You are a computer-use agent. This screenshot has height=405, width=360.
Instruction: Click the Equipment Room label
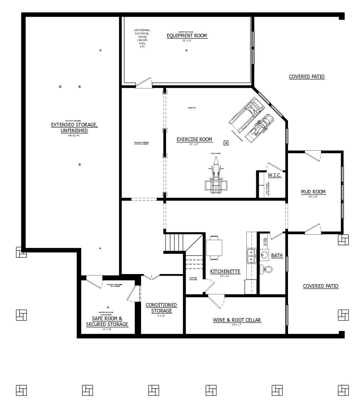point(187,36)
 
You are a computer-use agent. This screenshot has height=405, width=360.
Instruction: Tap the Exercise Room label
point(194,139)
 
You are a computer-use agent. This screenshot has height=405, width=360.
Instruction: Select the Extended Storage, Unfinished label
point(74,128)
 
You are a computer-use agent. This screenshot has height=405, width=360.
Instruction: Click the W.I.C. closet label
point(274,175)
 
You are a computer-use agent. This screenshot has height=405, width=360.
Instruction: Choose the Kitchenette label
point(225,271)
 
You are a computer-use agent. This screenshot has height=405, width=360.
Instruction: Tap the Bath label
point(277,255)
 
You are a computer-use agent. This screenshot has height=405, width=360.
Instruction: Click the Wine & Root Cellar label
point(237,320)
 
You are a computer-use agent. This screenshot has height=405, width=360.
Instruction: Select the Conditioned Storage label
point(161,308)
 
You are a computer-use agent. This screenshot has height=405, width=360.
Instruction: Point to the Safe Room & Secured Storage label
point(107,322)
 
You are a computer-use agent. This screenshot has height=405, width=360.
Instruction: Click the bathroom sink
point(264,255)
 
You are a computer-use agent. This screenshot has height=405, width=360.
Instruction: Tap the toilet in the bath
point(266,269)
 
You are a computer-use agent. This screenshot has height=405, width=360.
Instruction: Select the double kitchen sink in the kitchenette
point(251,256)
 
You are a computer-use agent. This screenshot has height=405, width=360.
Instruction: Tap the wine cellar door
point(216,301)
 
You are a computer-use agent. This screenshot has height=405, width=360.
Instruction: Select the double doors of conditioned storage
point(151,277)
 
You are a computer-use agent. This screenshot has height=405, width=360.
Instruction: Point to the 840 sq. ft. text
point(74,135)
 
